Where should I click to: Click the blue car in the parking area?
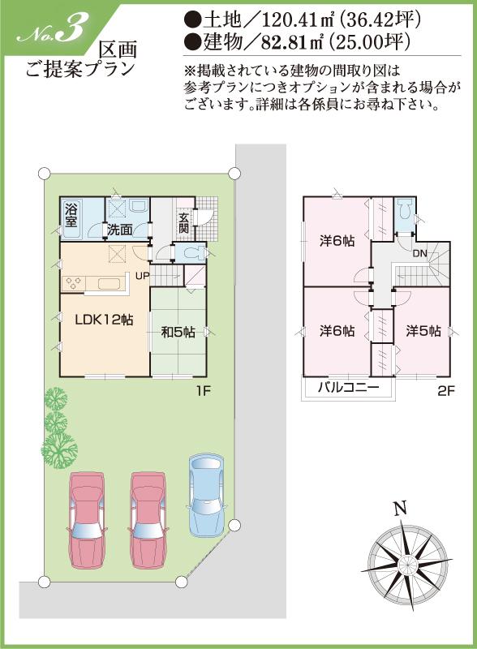point(203,495)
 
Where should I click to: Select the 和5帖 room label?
point(178,331)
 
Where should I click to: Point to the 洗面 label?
point(121,230)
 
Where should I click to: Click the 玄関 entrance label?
point(184,222)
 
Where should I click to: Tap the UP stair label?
point(143,276)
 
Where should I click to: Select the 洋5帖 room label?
point(423,331)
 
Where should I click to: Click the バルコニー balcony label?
point(348,388)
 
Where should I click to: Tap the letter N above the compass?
point(398,509)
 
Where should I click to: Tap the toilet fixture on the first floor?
point(192,253)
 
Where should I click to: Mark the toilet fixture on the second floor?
point(405,212)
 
